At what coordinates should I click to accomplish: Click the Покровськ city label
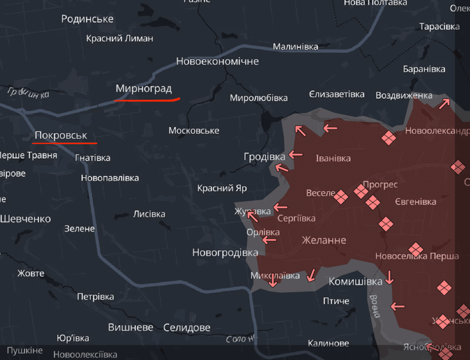click(60, 135)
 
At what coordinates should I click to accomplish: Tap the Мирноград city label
click(144, 88)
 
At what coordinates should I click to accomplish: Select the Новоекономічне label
click(217, 62)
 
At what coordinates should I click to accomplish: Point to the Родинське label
click(87, 18)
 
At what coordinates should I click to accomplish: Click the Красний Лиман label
click(119, 38)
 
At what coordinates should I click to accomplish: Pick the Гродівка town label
click(264, 156)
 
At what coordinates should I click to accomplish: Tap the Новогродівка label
click(225, 252)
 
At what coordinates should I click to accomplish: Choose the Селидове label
click(186, 328)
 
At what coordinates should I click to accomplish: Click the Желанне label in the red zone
click(324, 240)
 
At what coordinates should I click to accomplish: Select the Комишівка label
click(356, 281)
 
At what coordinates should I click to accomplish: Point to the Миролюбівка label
click(258, 98)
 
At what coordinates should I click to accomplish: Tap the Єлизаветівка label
click(337, 94)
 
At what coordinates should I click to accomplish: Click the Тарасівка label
click(440, 27)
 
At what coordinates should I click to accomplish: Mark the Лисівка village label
click(149, 214)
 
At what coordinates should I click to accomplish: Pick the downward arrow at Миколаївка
click(272, 280)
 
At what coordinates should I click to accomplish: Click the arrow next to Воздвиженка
click(444, 103)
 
